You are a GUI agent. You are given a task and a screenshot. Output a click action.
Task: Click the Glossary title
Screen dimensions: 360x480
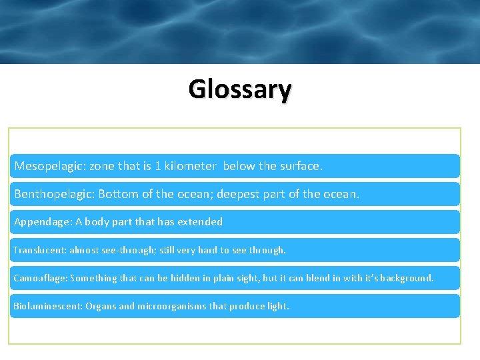click(x=239, y=89)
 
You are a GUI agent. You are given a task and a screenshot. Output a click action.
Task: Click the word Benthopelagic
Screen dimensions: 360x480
click(x=53, y=194)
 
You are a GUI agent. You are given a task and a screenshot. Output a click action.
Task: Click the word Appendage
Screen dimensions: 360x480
click(x=38, y=222)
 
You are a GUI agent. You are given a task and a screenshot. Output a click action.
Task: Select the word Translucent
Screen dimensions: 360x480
click(x=39, y=250)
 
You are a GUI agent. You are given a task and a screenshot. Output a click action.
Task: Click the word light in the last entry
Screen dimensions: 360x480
click(x=277, y=306)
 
